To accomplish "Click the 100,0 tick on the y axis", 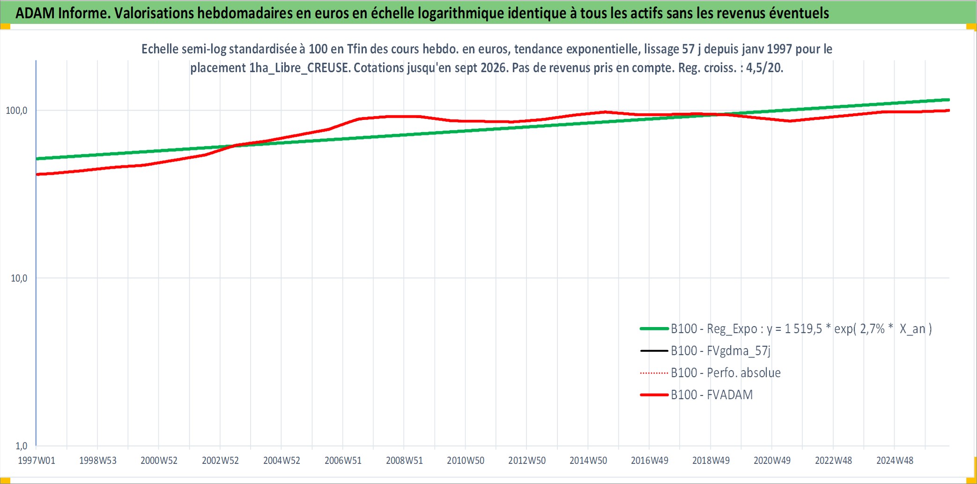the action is pos(16,111).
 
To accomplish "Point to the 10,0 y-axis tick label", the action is pos(19,278).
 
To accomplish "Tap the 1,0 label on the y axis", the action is pos(22,446).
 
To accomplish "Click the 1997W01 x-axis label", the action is pos(37,461).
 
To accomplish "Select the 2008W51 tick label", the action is pos(404,461).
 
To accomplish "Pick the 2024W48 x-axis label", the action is pos(895,461).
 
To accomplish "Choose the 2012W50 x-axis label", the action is pos(527,461).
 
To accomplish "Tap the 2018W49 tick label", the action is pos(711,461).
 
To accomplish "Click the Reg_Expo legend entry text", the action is pos(801,329).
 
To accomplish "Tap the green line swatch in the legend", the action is pos(654,329).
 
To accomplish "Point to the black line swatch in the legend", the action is pos(654,351).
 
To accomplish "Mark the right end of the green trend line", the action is pos(949,100).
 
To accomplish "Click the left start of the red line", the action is pos(37,174).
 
